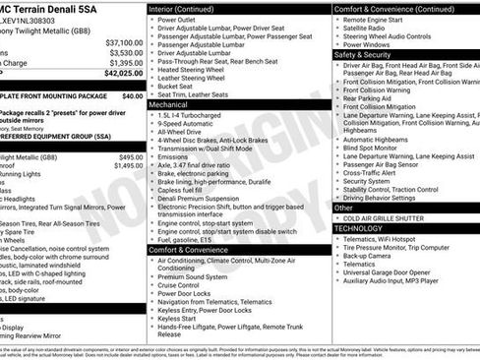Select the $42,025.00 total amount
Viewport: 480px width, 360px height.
click(123, 73)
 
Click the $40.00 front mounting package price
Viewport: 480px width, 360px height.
click(132, 96)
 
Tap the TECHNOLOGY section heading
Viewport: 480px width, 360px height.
click(359, 227)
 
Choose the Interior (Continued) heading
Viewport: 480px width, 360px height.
click(183, 9)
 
